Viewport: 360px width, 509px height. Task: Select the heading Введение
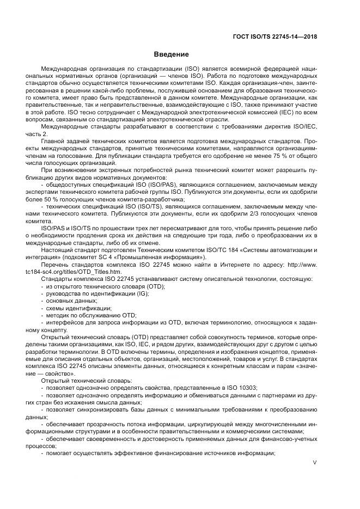171,54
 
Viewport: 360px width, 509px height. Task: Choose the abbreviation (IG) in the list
141,293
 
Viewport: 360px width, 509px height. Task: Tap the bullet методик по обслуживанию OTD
91,315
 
